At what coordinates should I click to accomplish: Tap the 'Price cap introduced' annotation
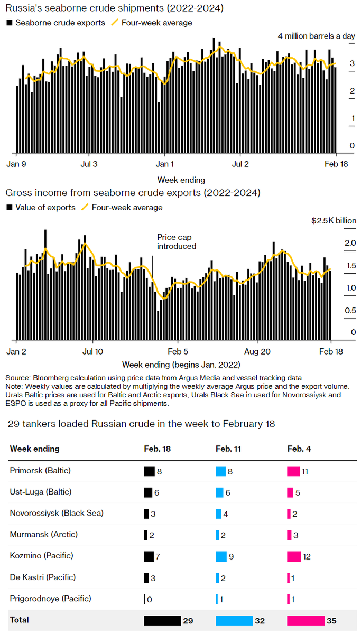(177, 242)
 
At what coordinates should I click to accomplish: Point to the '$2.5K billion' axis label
(334, 221)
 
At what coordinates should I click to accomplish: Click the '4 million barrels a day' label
(316, 36)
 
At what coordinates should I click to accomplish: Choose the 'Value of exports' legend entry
(45, 208)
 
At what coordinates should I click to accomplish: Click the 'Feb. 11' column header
(229, 449)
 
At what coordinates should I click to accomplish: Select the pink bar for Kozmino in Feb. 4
(294, 556)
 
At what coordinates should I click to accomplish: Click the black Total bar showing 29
(162, 620)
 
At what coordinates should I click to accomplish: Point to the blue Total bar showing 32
(234, 620)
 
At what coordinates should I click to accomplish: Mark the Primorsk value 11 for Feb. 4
(305, 471)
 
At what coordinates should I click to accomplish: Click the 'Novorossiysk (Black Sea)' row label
(57, 513)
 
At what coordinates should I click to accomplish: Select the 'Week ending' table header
(34, 449)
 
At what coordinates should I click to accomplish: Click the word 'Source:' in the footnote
(18, 378)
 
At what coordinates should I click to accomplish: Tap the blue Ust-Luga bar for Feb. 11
(219, 492)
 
